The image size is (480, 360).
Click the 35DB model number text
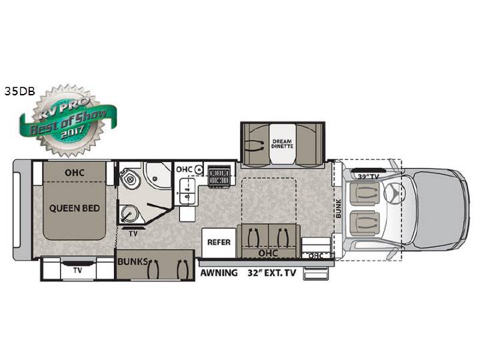point(20,91)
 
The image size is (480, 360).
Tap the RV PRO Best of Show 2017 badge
point(68,120)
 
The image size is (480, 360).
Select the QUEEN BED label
point(75,209)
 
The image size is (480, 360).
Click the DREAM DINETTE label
point(282,144)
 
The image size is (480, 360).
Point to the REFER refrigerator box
point(219,243)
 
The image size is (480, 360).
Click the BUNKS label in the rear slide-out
point(133,262)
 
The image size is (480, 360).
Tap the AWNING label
point(219,273)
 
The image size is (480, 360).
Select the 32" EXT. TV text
point(272,273)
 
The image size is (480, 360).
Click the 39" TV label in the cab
point(368,177)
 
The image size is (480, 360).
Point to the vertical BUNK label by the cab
point(338,209)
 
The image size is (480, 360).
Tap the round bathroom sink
point(129,213)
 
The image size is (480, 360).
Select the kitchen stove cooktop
point(219,175)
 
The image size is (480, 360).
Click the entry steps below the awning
point(317,272)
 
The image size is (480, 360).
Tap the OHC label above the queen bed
point(75,173)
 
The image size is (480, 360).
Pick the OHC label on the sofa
point(268,253)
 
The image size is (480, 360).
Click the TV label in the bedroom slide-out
point(77,271)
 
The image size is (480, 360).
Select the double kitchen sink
point(187,191)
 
